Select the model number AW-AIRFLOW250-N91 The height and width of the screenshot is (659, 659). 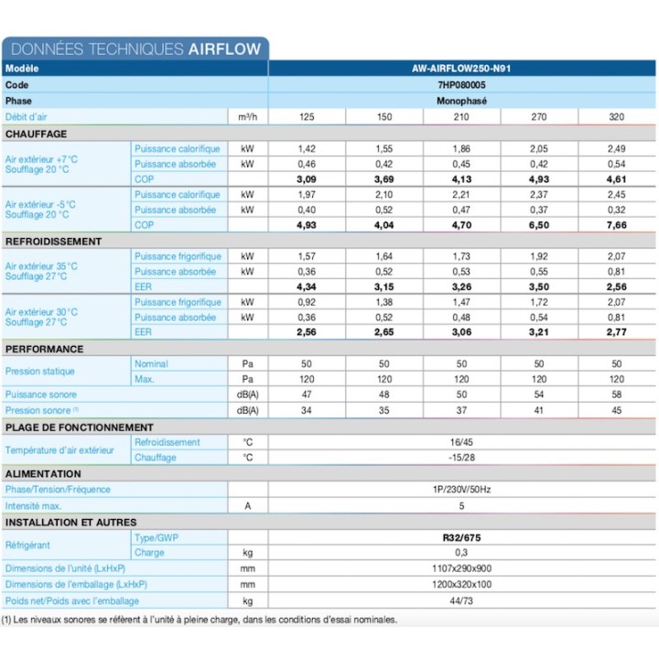click(462, 69)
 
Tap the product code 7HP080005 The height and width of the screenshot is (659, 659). click(462, 84)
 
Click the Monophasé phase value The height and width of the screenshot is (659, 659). click(462, 101)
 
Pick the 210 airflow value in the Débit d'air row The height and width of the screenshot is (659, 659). click(462, 117)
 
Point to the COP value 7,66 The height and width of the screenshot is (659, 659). click(616, 225)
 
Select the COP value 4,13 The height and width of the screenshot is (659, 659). click(462, 179)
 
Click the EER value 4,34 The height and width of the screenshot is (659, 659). click(308, 287)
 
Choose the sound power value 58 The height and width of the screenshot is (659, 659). click(616, 395)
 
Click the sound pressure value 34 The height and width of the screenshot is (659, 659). click(308, 411)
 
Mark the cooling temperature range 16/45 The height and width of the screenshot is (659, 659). click(462, 442)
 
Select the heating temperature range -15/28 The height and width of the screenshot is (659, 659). click(462, 458)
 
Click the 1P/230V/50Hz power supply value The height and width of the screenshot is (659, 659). click(462, 490)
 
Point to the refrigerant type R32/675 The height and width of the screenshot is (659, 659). click(462, 537)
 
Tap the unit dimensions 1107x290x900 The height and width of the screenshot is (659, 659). click(462, 568)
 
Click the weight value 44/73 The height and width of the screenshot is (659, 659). click(462, 600)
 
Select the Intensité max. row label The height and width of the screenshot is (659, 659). click(34, 505)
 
